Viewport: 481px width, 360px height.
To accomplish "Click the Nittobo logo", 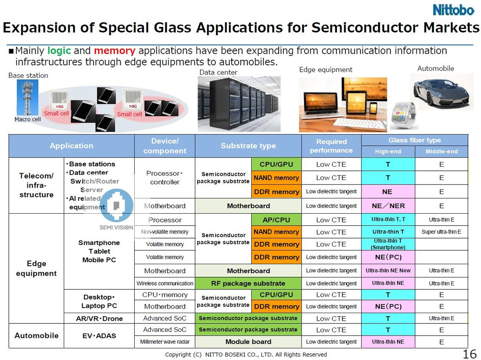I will pyautogui.click(x=453, y=10).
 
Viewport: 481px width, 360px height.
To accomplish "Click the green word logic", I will pyautogui.click(x=59, y=51).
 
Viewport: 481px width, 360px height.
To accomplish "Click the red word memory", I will pyautogui.click(x=114, y=51).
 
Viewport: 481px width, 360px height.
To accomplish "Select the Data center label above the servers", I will pyautogui.click(x=218, y=73).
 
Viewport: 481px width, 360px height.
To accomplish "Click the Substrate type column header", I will pyautogui.click(x=248, y=146).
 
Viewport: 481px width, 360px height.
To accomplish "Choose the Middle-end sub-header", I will pyautogui.click(x=441, y=152).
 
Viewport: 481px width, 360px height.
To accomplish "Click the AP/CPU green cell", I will pyautogui.click(x=276, y=220).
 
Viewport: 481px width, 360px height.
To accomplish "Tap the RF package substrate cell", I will pyautogui.click(x=248, y=283).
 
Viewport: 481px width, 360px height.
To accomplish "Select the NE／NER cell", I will pyautogui.click(x=388, y=206).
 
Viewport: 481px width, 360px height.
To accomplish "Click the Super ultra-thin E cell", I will pyautogui.click(x=441, y=232).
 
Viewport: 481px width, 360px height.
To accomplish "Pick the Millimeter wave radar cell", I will pyautogui.click(x=164, y=342).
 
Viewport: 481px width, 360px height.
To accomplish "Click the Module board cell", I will pyautogui.click(x=248, y=342).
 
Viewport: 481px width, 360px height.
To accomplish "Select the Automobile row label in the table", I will pyautogui.click(x=36, y=336).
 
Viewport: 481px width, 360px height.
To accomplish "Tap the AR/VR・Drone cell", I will pyautogui.click(x=99, y=318).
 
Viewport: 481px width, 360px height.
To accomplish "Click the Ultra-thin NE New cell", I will pyautogui.click(x=388, y=271).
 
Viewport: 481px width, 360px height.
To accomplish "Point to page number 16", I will pyautogui.click(x=470, y=354).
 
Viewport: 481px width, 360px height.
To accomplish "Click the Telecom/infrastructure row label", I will pyautogui.click(x=36, y=185).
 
